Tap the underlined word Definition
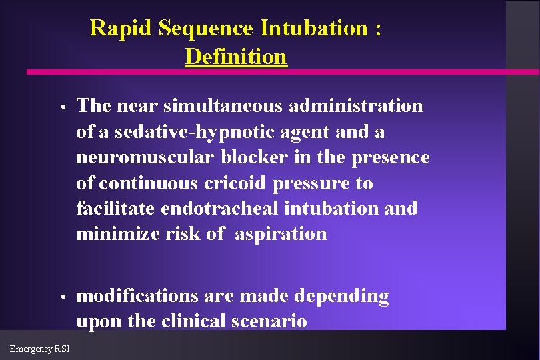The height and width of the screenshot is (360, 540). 236,57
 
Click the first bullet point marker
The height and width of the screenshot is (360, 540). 61,107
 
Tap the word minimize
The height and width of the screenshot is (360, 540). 117,234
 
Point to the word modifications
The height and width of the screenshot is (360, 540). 137,296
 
